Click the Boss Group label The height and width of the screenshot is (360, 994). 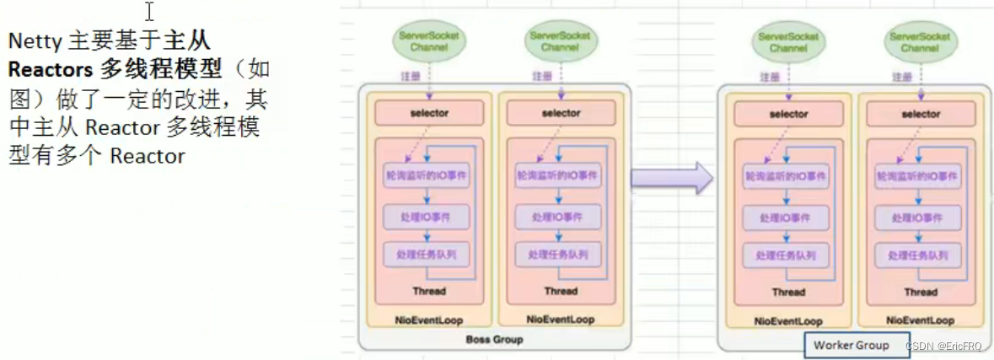point(494,340)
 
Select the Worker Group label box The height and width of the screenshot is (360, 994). point(852,345)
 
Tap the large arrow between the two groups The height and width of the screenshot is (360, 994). point(672,178)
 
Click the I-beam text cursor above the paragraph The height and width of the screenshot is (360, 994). point(150,12)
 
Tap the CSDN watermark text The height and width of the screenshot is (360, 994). point(943,347)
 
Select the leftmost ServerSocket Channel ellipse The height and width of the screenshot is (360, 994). point(429,42)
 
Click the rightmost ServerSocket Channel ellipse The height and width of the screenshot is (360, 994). point(920,43)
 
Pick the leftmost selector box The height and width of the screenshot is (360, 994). point(429,113)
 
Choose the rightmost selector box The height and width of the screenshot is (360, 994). point(921,114)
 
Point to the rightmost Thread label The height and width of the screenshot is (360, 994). point(921,292)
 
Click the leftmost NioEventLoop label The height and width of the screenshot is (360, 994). point(429,320)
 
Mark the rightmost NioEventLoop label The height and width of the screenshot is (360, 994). point(921,320)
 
